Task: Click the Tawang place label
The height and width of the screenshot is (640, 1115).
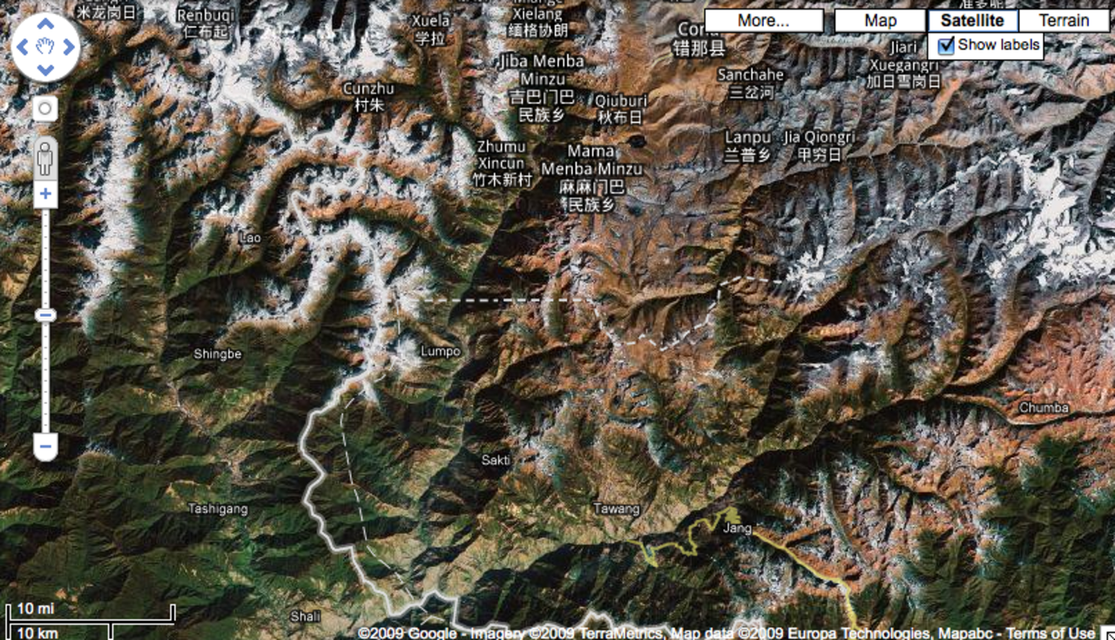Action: tap(616, 509)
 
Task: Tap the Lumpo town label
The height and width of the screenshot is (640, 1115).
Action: tap(440, 352)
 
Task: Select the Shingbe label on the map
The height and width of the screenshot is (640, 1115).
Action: tap(217, 354)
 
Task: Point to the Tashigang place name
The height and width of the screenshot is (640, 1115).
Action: tap(218, 509)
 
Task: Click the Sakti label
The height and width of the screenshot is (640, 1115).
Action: tap(496, 460)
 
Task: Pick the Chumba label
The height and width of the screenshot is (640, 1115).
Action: tap(1044, 408)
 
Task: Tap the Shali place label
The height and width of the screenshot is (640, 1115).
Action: tap(305, 616)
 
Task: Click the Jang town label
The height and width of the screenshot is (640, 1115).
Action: tap(737, 528)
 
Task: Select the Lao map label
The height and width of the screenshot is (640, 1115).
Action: tap(250, 237)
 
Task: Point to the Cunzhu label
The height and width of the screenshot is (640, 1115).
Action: tap(368, 88)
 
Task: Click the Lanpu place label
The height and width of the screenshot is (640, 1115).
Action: tap(747, 138)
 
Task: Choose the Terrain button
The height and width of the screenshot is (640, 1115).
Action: tap(1064, 21)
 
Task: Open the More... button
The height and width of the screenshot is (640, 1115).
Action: tap(763, 21)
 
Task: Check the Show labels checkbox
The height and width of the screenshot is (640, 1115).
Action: tap(947, 46)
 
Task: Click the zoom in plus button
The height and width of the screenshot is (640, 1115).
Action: tap(45, 193)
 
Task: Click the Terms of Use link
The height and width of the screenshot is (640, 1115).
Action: tap(1050, 633)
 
